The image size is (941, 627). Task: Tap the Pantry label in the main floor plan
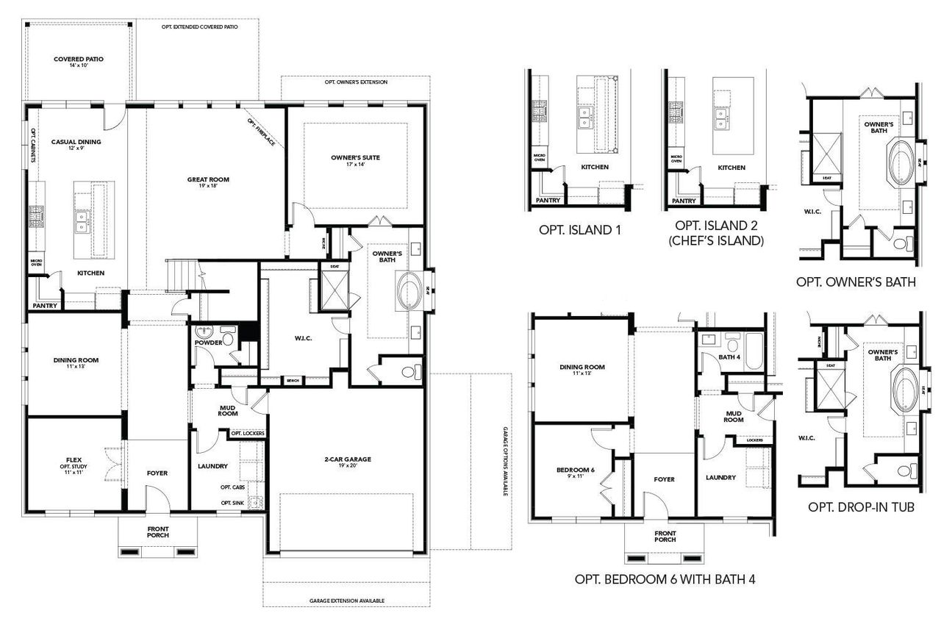(x=44, y=306)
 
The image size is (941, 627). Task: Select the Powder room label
(x=208, y=343)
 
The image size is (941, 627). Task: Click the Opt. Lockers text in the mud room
(x=247, y=434)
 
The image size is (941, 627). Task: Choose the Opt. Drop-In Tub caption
(x=861, y=507)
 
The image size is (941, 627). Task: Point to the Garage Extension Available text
(x=346, y=601)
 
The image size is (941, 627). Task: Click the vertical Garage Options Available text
(x=506, y=462)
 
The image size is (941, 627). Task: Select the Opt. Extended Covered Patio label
(x=198, y=26)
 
